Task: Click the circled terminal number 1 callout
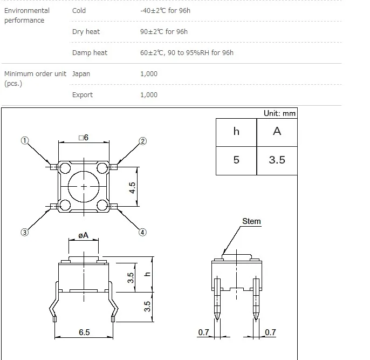[x=25, y=140]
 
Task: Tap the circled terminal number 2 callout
[x=142, y=141]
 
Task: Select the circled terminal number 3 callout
[x=25, y=232]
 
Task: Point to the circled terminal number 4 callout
[x=142, y=232]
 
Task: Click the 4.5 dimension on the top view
[x=132, y=188]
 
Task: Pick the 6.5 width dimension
[x=84, y=332]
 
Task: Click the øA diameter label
[x=83, y=235]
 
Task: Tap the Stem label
[x=251, y=221]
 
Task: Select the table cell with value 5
[x=236, y=161]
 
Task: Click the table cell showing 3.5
[x=277, y=161]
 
